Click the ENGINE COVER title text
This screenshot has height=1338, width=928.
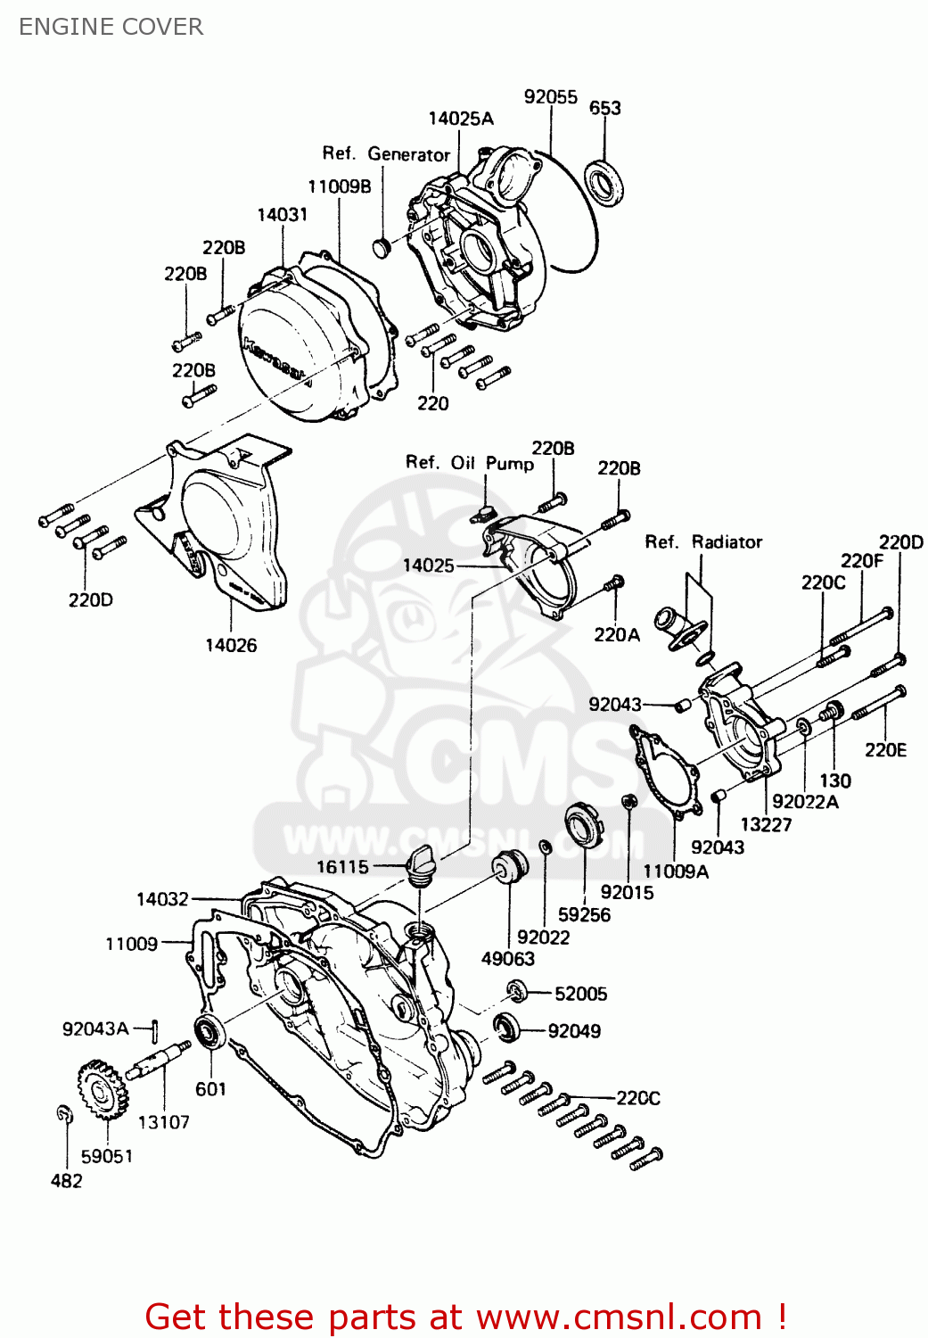[x=111, y=27]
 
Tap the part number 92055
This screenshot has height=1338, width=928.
[x=550, y=96]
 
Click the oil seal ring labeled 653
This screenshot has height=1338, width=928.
[x=604, y=181]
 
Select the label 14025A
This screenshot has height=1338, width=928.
[x=460, y=119]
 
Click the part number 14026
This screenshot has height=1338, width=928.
[x=231, y=645]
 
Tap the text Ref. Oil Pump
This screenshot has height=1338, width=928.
[x=470, y=462]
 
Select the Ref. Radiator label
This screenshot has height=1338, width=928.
[x=703, y=541]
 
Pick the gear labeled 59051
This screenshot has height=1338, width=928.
[x=103, y=1089]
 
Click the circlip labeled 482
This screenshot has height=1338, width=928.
[x=63, y=1113]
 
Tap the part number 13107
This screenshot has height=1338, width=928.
[x=163, y=1122]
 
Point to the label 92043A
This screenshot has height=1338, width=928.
[x=95, y=1028]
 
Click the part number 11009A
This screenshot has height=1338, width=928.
[x=676, y=871]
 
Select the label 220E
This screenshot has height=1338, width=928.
[x=885, y=750]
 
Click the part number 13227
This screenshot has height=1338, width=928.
[x=766, y=824]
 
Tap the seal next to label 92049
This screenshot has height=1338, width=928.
[x=507, y=1028]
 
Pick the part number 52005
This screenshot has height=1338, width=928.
[x=580, y=994]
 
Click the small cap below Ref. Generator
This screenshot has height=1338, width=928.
[x=382, y=246]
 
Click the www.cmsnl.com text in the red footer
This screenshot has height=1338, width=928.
[x=619, y=1317]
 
